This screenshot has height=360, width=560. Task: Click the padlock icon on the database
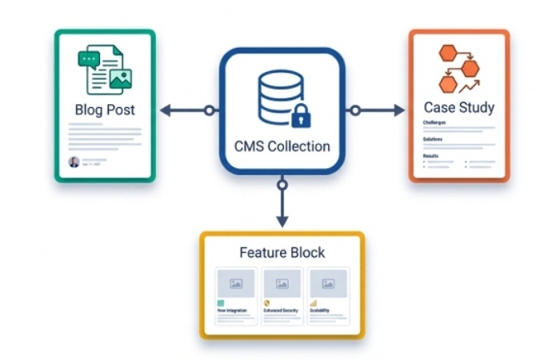(x=301, y=118)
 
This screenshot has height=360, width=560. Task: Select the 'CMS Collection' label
(x=282, y=146)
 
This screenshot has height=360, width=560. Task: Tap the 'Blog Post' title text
(x=105, y=110)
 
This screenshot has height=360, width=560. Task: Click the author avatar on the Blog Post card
(x=74, y=162)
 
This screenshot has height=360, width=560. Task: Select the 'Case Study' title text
(x=458, y=107)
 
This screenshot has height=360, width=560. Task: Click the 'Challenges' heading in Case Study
(x=434, y=123)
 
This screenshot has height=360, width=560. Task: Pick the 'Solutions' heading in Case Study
(x=433, y=139)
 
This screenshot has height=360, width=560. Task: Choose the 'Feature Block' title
(x=282, y=253)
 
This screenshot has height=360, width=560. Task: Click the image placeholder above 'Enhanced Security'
(x=282, y=283)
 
